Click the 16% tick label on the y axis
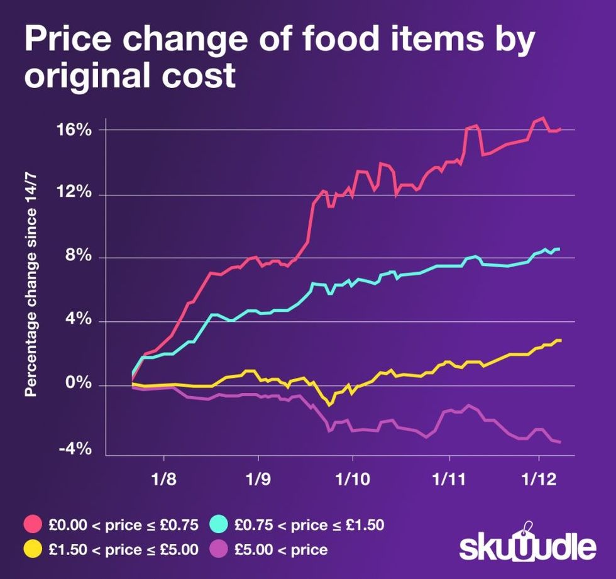(76, 130)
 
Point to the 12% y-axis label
(76, 194)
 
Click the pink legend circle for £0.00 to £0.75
(32, 524)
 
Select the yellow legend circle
(32, 549)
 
